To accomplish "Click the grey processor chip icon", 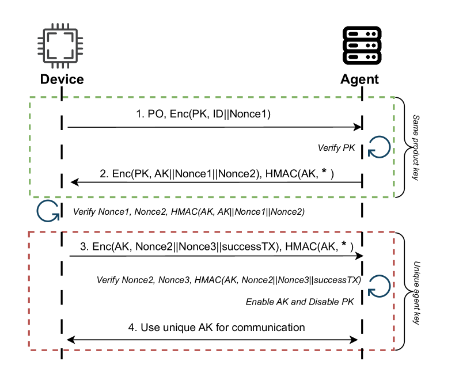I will (60, 46).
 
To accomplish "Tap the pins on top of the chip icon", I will (60, 26).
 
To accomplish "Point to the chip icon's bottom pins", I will (60, 66).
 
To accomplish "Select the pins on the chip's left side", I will (40, 46).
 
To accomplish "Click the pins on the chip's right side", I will (80, 46).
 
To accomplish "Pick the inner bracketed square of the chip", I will (60, 46).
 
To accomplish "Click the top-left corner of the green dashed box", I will (30, 97).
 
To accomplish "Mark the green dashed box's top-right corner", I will (394, 97).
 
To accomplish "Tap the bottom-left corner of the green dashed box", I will (30, 197).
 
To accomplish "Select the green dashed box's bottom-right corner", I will (394, 197).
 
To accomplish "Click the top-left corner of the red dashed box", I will (29, 232).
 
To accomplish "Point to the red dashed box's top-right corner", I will (394, 232).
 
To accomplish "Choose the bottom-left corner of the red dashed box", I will (29, 349).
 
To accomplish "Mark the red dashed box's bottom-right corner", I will (394, 349).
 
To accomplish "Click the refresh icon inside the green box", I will (380, 147).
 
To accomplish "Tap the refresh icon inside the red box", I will (380, 286).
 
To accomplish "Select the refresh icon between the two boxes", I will (48, 211).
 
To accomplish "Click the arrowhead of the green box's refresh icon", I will (371, 153).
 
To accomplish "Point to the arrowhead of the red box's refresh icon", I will (371, 292).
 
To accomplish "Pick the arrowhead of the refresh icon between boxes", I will (56, 217).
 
